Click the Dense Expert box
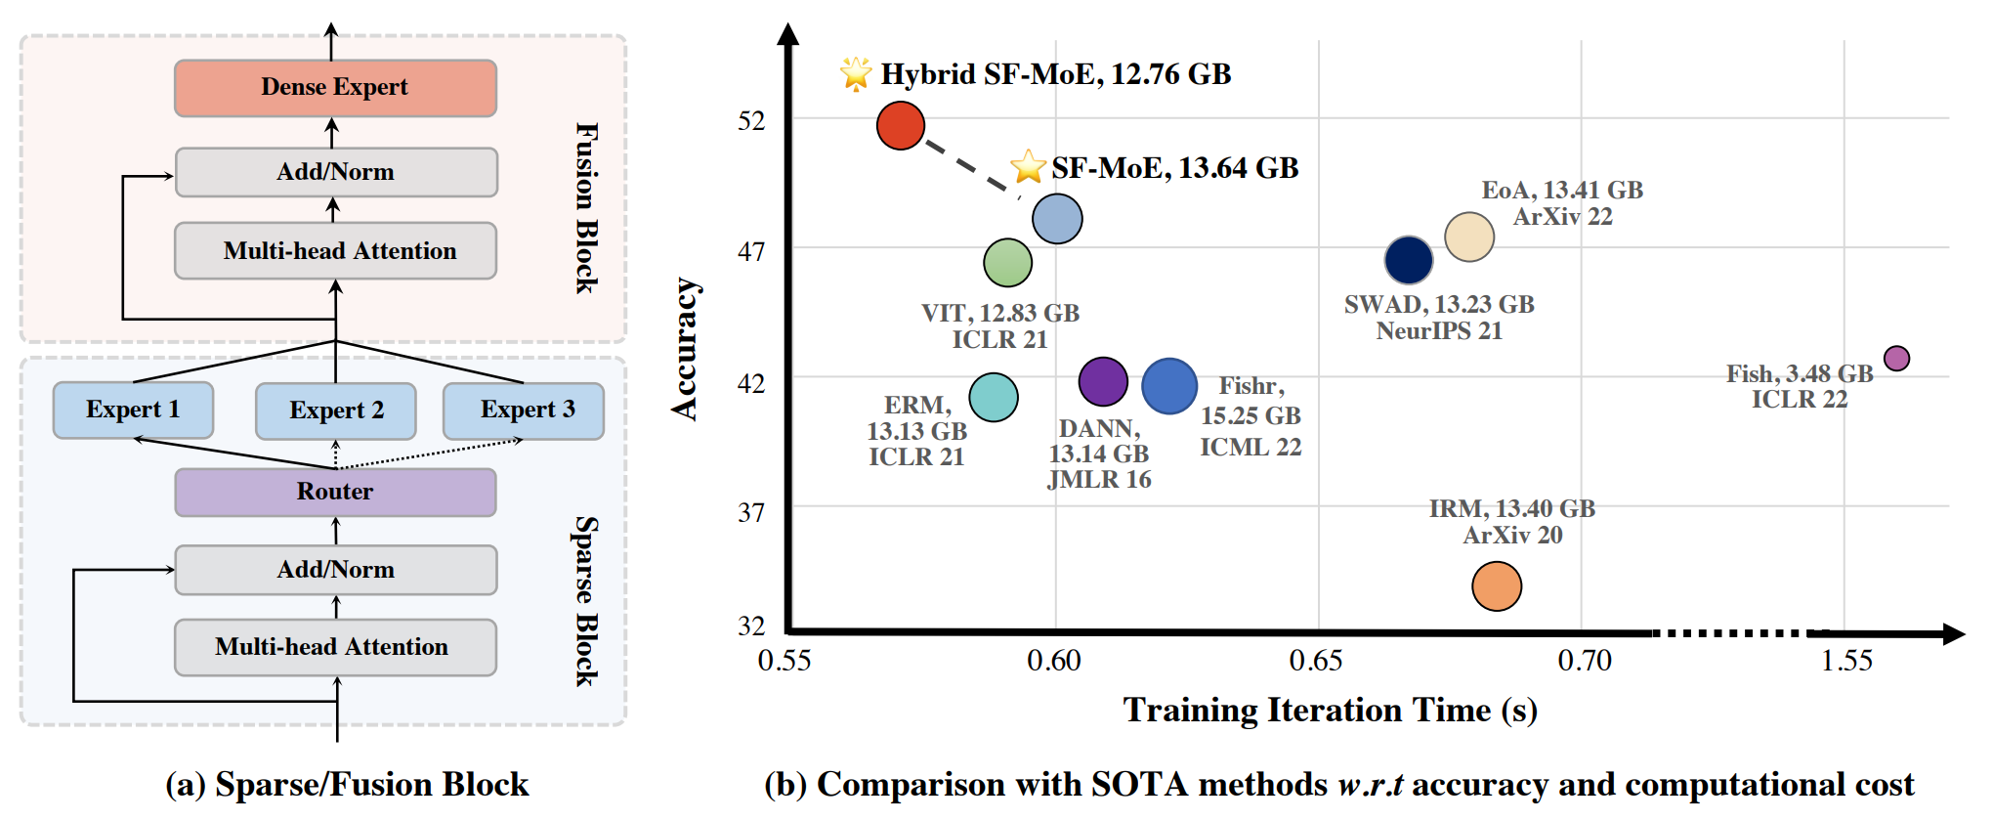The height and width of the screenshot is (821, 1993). point(335,88)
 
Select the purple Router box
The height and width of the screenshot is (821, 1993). point(335,492)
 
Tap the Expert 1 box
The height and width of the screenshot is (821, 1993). point(133,410)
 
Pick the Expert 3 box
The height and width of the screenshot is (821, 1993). point(524,410)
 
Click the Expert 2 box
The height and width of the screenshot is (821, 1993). point(335,410)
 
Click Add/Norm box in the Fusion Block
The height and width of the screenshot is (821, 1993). point(335,172)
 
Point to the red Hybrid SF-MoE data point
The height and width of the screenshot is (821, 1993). point(900,125)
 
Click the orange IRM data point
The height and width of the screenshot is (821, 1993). point(1496,586)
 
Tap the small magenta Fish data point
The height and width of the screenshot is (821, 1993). point(1896,359)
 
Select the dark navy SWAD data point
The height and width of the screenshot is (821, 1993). point(1408,260)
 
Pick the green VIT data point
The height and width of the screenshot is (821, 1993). point(1007,262)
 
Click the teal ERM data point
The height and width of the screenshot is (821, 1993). point(994,397)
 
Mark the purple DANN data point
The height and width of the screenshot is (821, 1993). point(1103,381)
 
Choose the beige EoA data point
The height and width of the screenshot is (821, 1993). point(1469,237)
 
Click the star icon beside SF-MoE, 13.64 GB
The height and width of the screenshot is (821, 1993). point(1028,167)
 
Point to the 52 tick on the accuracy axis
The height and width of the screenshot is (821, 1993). point(751,121)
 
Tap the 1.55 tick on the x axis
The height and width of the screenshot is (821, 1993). point(1846,662)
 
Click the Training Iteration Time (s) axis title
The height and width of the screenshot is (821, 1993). point(1330,711)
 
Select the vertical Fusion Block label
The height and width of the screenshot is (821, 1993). point(586,207)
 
